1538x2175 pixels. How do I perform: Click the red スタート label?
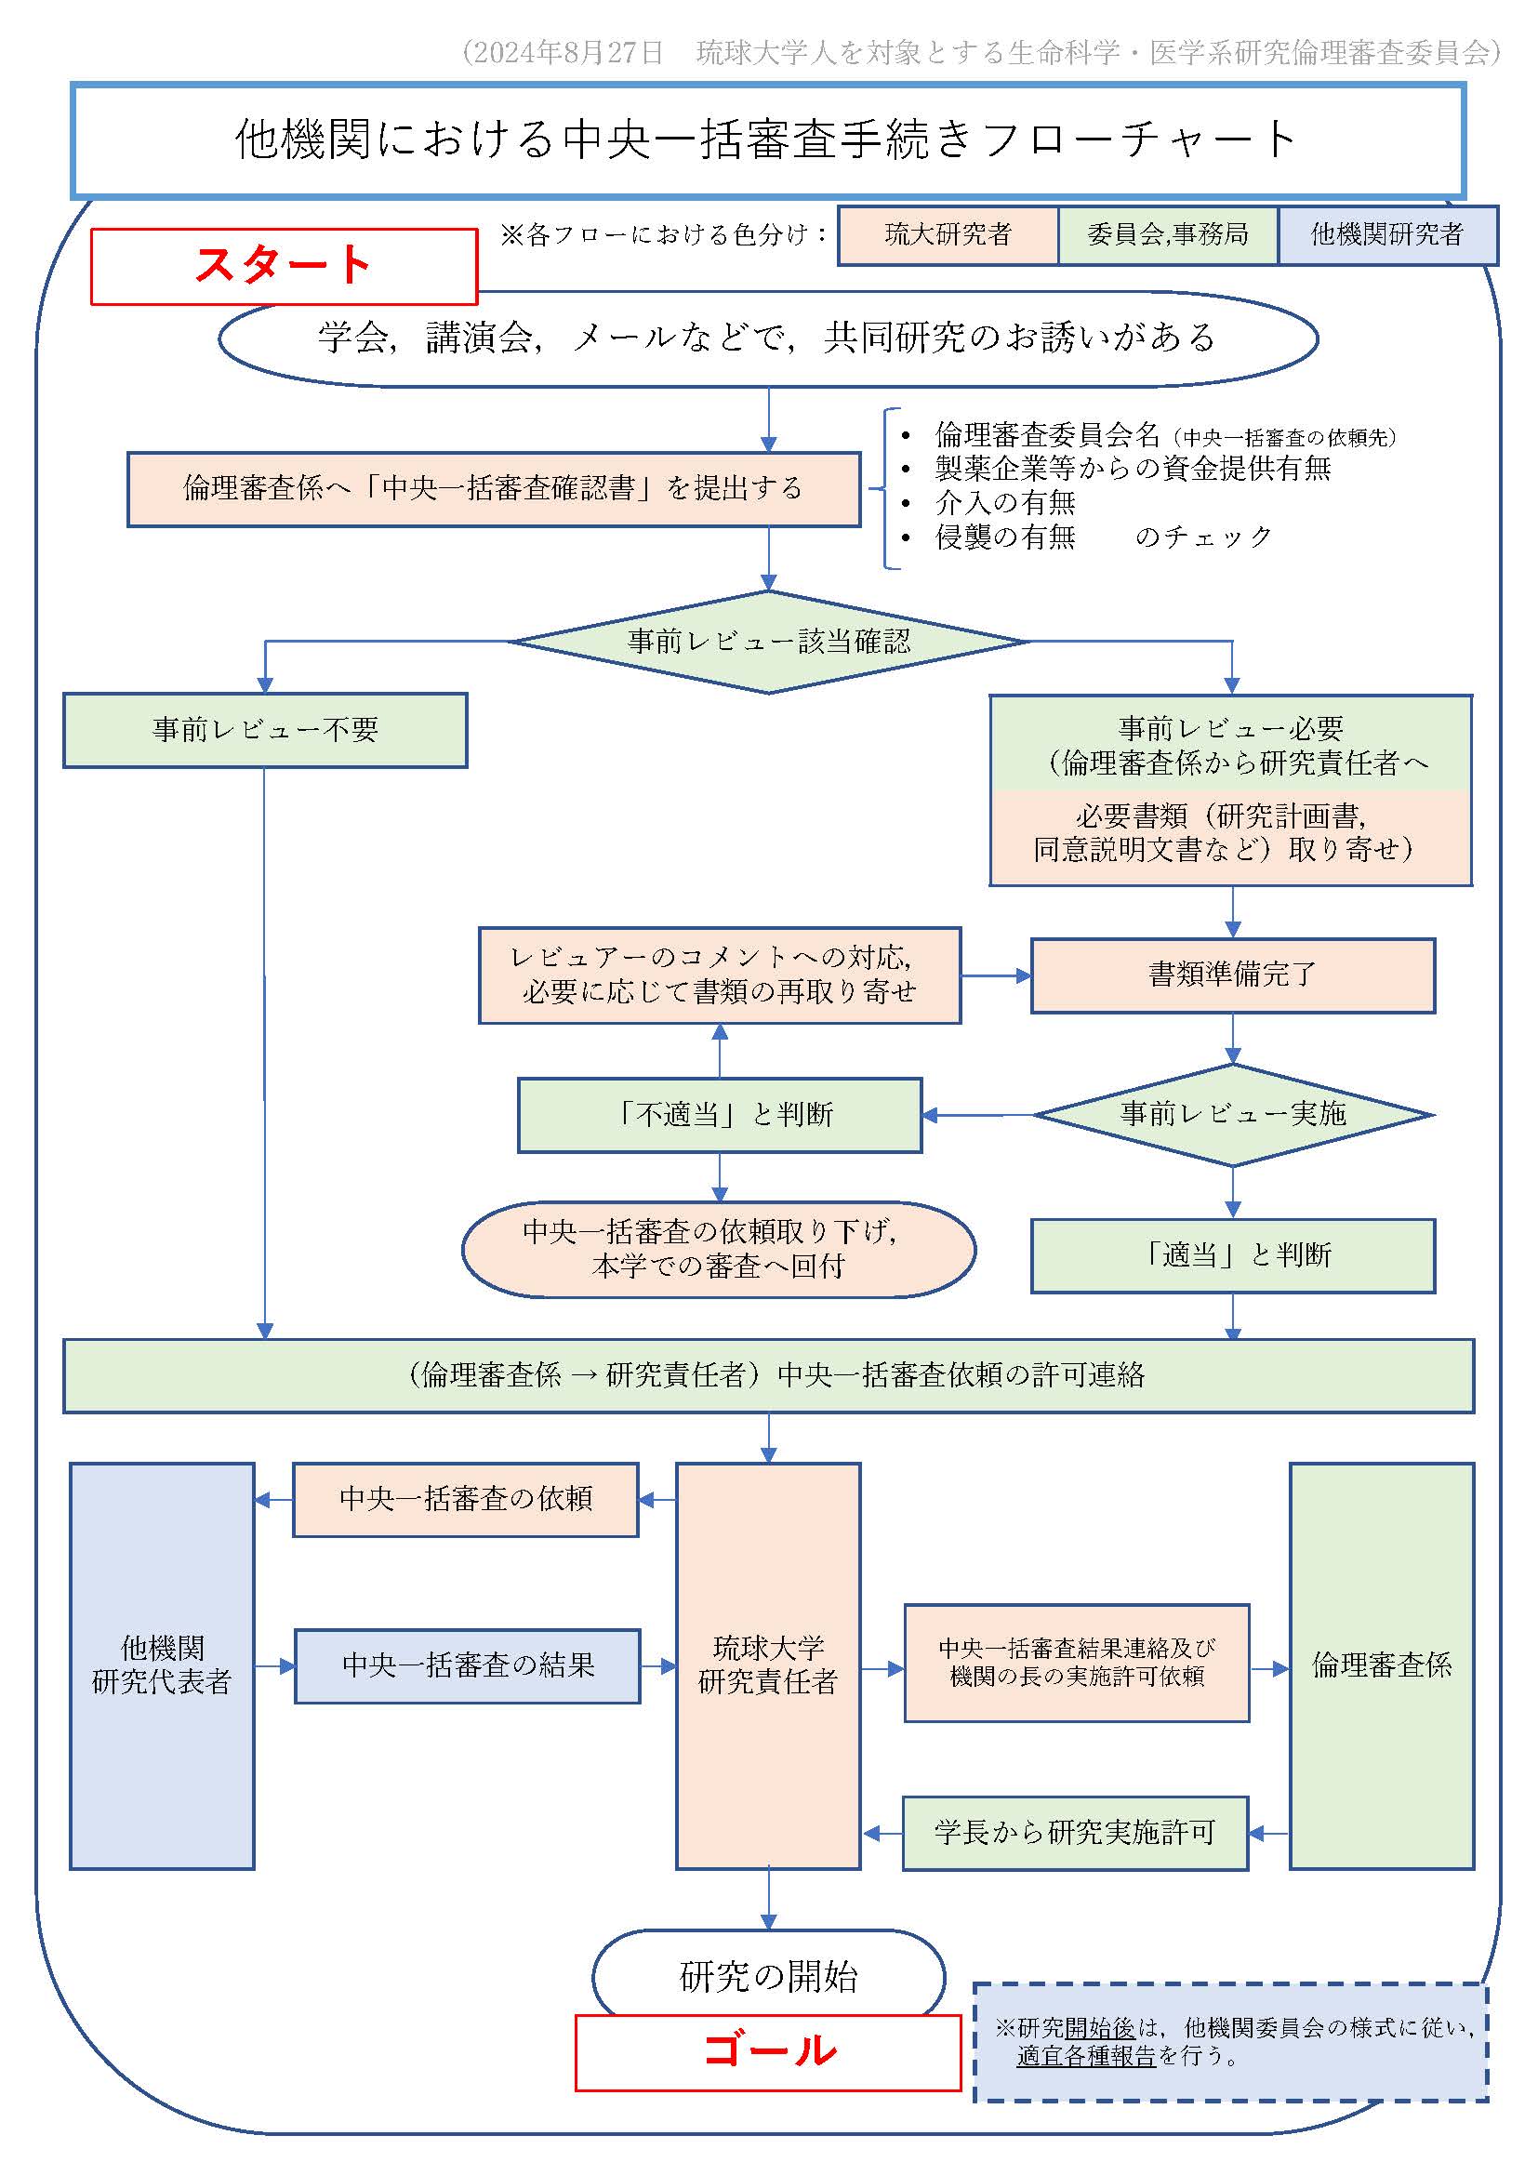point(284,265)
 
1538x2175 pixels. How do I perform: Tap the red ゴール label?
point(769,2050)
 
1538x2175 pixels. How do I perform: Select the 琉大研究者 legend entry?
point(948,235)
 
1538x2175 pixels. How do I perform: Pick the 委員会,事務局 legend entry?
point(1167,235)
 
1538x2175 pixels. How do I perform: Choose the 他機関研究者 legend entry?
point(1386,235)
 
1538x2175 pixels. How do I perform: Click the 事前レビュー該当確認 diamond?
point(768,642)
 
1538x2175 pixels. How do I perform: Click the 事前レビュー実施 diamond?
point(1232,1114)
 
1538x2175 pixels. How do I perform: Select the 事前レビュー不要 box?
point(265,729)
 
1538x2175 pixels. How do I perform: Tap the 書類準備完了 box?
point(1232,975)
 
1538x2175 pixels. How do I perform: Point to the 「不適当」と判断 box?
point(720,1115)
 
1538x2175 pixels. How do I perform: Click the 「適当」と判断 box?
point(1232,1255)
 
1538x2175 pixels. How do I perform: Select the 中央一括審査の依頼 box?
point(465,1499)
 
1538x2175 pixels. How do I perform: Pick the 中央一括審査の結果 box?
point(467,1665)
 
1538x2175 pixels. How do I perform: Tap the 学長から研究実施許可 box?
point(1074,1833)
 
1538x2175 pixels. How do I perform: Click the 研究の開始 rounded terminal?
point(768,1976)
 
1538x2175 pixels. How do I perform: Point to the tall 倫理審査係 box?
point(1381,1665)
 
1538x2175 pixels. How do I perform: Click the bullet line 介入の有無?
point(1004,502)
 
